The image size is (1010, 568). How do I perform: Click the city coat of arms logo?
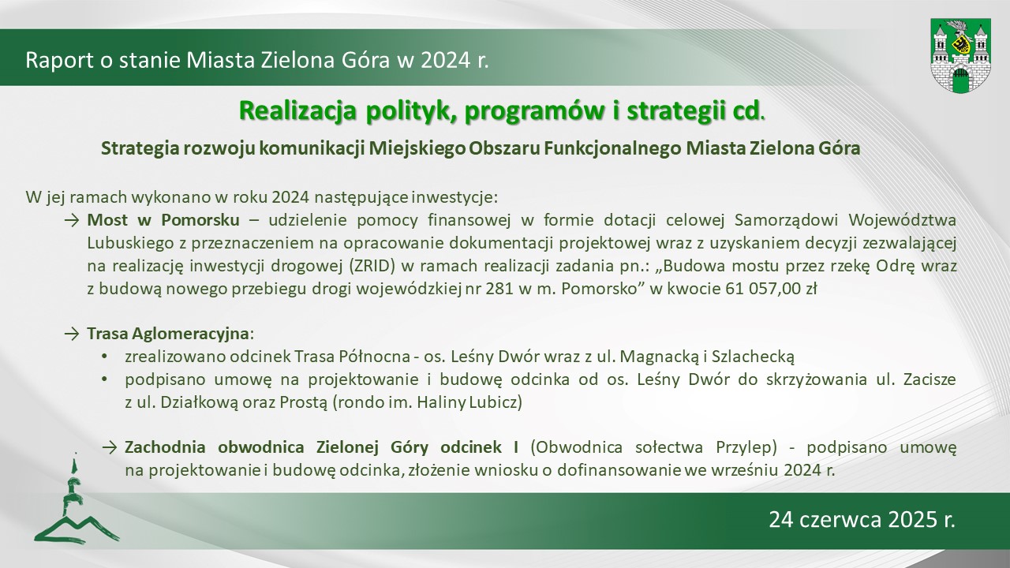[960, 55]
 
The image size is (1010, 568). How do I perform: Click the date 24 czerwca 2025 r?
[862, 520]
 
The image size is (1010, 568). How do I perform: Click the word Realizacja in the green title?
[297, 111]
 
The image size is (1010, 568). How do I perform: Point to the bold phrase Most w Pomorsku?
[163, 220]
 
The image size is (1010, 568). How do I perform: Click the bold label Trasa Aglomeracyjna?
[168, 334]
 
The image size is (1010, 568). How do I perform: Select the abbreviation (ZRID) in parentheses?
[372, 266]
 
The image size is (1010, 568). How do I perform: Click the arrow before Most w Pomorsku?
[71, 220]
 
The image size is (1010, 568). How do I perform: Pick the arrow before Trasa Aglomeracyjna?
[71, 334]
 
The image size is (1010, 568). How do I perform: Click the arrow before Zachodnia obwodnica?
[110, 447]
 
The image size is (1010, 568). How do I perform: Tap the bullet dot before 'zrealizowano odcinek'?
[105, 357]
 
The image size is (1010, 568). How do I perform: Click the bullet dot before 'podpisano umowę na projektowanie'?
[105, 379]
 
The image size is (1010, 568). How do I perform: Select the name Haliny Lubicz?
[469, 402]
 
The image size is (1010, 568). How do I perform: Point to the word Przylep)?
[746, 447]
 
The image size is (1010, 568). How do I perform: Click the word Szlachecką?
[753, 357]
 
